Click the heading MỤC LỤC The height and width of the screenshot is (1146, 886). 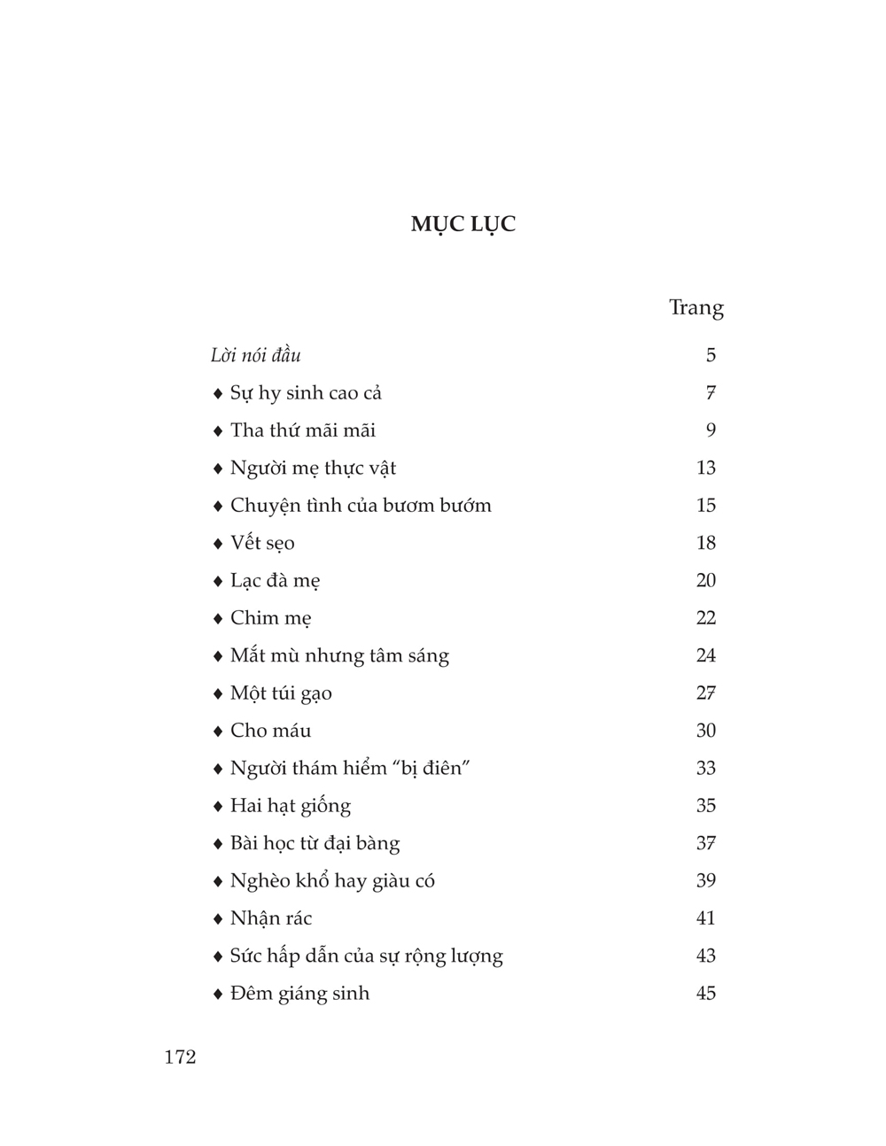click(x=462, y=224)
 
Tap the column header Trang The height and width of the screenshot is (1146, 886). click(x=696, y=307)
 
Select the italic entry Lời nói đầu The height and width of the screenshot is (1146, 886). click(x=256, y=355)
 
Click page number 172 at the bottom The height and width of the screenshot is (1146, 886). click(x=180, y=1057)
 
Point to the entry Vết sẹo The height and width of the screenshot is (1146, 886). click(x=262, y=543)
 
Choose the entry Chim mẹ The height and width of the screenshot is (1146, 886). click(x=270, y=618)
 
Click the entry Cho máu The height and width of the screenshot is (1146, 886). click(x=270, y=731)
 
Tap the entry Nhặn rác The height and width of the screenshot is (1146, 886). click(x=271, y=918)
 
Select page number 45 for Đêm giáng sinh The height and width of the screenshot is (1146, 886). click(x=705, y=993)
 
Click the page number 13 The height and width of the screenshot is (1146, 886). click(x=705, y=468)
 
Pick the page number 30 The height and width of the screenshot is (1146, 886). click(x=705, y=731)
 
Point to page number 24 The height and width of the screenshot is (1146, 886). click(x=705, y=655)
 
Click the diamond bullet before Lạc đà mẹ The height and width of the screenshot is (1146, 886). click(x=218, y=581)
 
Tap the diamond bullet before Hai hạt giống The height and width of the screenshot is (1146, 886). click(x=218, y=806)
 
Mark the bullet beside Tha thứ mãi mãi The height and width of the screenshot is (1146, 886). click(x=218, y=431)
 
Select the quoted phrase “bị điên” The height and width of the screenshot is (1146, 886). click(x=434, y=768)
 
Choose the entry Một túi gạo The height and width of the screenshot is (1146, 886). click(x=281, y=693)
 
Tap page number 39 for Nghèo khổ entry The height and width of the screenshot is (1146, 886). click(x=705, y=880)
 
